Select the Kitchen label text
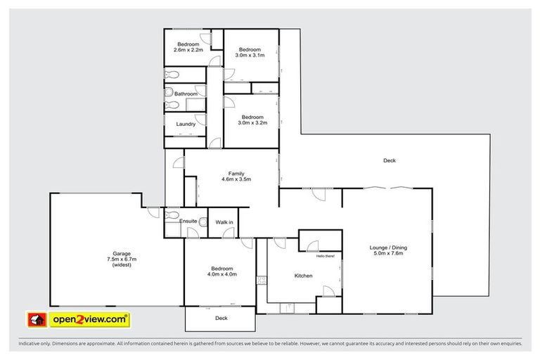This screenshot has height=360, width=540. (303, 276)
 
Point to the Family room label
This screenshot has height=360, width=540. (236, 173)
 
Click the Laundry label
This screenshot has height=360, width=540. (186, 124)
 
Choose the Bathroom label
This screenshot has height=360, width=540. (186, 94)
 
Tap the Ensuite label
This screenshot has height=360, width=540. (188, 221)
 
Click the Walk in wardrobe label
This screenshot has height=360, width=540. (224, 222)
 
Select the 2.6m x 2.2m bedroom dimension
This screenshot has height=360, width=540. (188, 50)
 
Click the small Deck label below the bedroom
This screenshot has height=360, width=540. (221, 318)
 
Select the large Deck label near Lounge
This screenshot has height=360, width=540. (390, 161)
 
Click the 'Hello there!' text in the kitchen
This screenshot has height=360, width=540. (326, 256)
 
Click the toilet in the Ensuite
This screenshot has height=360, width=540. (202, 222)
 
